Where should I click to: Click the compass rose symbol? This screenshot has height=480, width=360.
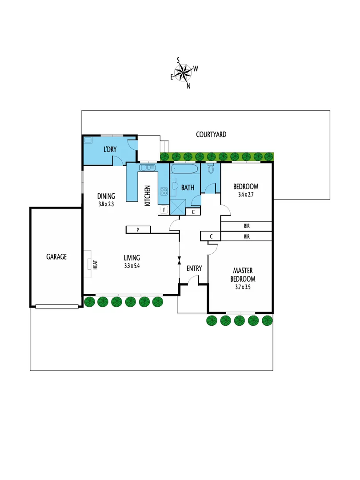183,72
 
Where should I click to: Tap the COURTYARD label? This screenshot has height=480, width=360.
211,134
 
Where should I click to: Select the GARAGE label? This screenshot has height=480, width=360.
56,256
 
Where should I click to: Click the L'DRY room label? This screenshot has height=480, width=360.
110,149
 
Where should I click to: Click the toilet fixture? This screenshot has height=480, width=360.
211,169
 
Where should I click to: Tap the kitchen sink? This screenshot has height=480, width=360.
146,168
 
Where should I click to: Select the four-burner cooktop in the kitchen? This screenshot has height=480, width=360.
164,192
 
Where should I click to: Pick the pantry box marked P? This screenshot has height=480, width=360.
138,230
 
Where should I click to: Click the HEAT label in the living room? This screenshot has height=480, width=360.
95,264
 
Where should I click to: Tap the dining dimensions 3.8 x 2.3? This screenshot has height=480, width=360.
106,204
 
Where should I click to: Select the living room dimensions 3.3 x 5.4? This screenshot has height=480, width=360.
132,266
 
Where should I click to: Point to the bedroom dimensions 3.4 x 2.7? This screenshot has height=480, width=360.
246,195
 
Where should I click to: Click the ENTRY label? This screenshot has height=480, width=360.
194,268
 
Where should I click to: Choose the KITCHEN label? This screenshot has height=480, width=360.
148,196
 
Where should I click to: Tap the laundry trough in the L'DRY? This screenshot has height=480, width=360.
88,140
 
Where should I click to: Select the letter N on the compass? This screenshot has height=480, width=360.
188,86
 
